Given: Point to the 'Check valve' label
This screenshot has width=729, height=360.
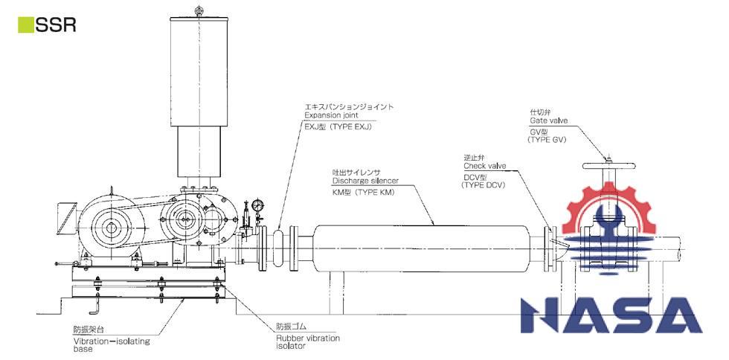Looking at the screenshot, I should pos(484,167).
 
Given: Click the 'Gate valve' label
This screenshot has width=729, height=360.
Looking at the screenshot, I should pos(548,120).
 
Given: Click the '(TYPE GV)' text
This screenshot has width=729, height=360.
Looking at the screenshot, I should pos(546,139).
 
